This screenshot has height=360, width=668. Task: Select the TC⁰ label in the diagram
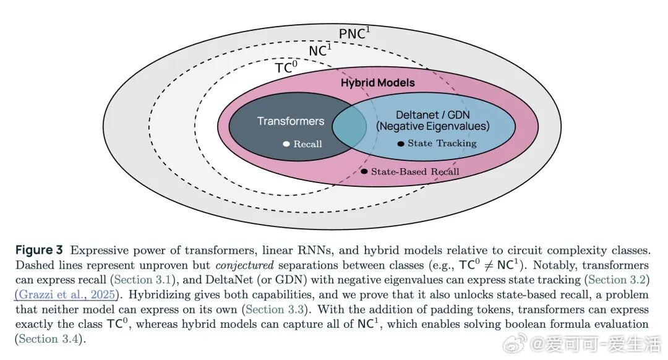(286, 67)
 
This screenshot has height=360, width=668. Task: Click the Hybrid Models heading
(377, 82)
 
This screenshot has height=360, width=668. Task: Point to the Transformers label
(290, 121)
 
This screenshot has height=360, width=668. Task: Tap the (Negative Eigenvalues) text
(432, 127)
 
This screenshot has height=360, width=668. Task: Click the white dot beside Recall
(286, 144)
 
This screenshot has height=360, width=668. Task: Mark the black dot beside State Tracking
(401, 144)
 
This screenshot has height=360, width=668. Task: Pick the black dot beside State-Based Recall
(364, 171)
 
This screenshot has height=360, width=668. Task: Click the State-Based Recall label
(415, 171)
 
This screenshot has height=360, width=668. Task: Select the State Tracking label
(442, 144)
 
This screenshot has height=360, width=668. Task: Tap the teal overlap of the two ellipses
(349, 127)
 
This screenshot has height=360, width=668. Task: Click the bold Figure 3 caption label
(40, 251)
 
